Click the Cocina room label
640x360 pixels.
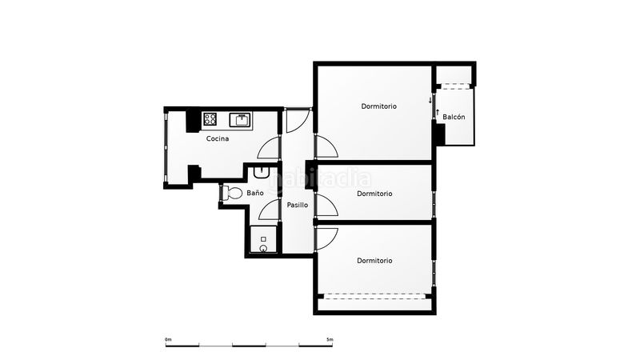pos(218,138)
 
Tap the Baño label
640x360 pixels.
pos(255,193)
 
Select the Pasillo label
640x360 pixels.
pos(297,205)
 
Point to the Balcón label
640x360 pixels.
pos(454,117)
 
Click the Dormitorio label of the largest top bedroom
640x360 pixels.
pos(378,106)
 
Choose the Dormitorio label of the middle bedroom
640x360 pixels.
pos(374,194)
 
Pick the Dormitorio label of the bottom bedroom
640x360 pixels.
pos(374,261)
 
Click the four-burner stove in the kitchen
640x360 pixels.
pos(210,119)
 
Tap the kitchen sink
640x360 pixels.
pos(241,121)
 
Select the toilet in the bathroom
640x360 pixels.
pos(231,193)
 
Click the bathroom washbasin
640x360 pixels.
pos(261,172)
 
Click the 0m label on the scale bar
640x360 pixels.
pos(168,339)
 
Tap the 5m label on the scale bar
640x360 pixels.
pos(330,339)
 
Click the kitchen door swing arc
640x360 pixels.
pos(264,144)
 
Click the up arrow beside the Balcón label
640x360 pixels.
pos(438,112)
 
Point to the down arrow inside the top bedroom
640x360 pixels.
pos(430,101)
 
